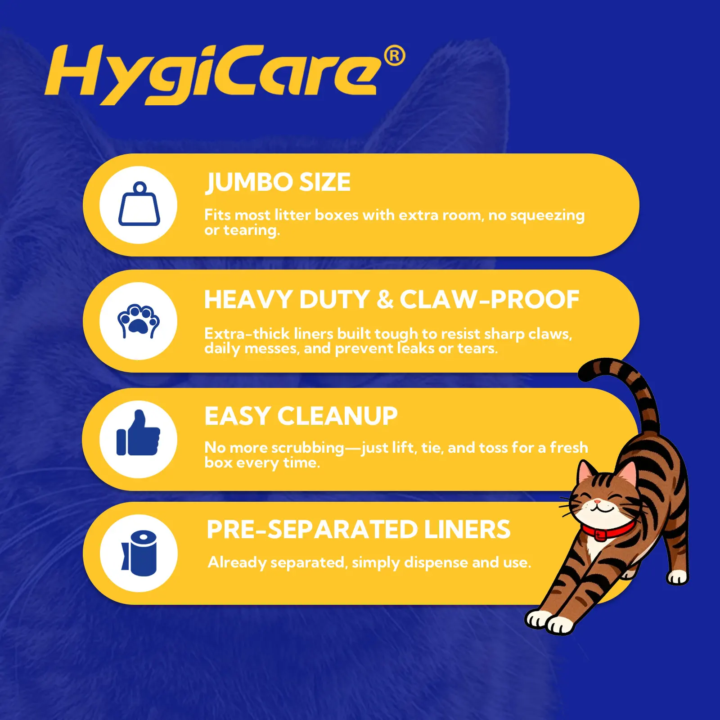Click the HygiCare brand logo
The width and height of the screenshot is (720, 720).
pyautogui.click(x=225, y=74)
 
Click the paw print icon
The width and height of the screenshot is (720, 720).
pyautogui.click(x=139, y=321)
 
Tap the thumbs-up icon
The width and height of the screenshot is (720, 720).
pyautogui.click(x=138, y=433)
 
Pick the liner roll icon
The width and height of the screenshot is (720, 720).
pyautogui.click(x=139, y=553)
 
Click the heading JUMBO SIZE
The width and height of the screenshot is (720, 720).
pyautogui.click(x=278, y=182)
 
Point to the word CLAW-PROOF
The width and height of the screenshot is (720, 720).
pyautogui.click(x=490, y=300)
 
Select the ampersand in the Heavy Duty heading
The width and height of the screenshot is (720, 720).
pyautogui.click(x=385, y=300)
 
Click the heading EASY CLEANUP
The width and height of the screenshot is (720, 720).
pyautogui.click(x=301, y=416)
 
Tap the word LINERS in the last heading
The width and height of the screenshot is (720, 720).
pyautogui.click(x=467, y=529)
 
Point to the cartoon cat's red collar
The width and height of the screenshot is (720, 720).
pyautogui.click(x=607, y=531)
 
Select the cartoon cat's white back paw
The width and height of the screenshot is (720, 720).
pyautogui.click(x=678, y=577)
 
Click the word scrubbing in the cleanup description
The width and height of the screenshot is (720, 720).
pyautogui.click(x=308, y=448)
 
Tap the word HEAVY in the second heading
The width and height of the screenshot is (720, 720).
pyautogui.click(x=248, y=300)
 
